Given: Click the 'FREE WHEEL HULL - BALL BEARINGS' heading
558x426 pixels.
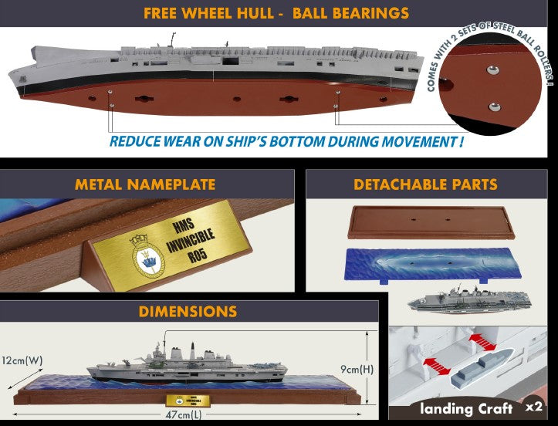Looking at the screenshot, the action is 276,13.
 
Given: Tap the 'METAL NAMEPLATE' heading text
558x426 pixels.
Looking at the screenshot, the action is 145,184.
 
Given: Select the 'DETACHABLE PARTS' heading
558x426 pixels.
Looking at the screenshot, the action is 425,184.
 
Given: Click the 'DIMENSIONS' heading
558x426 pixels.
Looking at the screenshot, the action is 188,312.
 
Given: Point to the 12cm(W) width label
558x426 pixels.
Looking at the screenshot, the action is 22,360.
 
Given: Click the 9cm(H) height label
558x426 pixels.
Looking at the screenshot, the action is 357,370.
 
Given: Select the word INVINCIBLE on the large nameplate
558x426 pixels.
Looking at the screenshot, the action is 191,240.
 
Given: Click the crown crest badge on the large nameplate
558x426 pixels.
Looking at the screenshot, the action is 147,257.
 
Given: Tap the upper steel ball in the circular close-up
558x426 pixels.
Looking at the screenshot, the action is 493,69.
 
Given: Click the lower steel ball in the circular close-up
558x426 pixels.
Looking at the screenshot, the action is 494,106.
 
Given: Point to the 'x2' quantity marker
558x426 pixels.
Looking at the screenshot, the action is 534,407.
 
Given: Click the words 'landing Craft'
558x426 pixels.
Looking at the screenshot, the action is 466,408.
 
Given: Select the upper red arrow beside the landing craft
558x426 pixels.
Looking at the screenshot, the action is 483,342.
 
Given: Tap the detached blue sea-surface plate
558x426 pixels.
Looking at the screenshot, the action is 432,264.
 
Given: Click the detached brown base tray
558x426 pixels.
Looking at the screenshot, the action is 431,222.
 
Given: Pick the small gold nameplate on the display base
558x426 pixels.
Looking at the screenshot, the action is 188,401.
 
